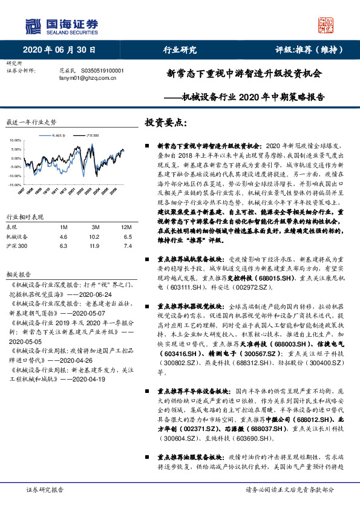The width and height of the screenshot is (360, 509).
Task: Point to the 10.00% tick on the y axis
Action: point(15,140)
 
